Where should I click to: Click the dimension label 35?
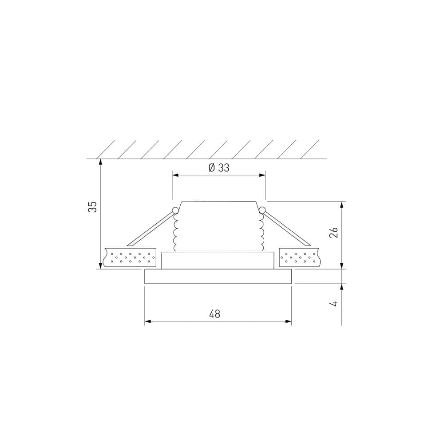(x=92, y=206)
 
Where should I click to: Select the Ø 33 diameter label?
(x=218, y=168)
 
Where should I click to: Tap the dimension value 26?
(x=335, y=232)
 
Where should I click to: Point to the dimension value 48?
(x=215, y=314)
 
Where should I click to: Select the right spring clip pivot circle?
(x=262, y=210)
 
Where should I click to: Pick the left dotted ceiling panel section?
(x=130, y=258)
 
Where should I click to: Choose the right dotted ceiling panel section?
(x=299, y=258)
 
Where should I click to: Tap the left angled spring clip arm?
(x=151, y=229)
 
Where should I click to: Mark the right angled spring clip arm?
(x=286, y=229)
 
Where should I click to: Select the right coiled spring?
(x=261, y=233)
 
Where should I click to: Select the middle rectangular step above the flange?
(x=218, y=261)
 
